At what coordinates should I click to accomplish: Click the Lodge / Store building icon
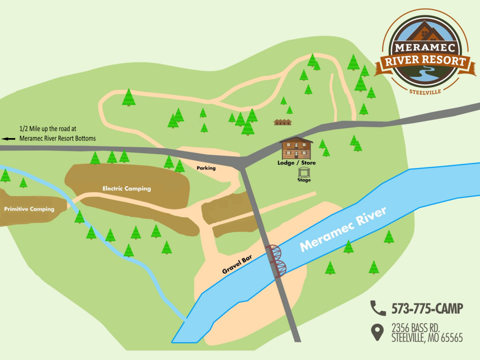[297, 148]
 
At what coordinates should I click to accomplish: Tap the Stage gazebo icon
[304, 172]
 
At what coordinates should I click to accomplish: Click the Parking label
[206, 168]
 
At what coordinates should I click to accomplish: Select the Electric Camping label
[127, 188]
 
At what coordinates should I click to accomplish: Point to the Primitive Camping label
[29, 209]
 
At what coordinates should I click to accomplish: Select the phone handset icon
[378, 308]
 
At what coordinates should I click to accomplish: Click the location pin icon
[378, 332]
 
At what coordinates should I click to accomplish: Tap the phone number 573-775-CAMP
[427, 308]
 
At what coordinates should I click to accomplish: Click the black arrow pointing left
[9, 138]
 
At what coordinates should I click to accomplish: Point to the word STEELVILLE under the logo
[425, 92]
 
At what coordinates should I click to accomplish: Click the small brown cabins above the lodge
[283, 122]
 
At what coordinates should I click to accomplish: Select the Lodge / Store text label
[297, 163]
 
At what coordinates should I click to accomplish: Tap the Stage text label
[304, 180]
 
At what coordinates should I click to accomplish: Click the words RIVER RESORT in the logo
[424, 62]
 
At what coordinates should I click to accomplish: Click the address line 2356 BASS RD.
[416, 328]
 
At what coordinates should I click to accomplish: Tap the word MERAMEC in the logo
[424, 47]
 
